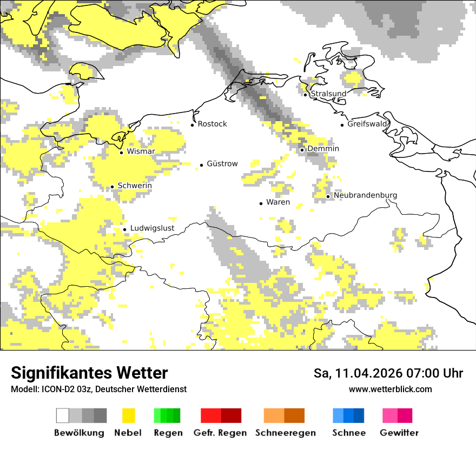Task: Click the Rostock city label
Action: [x=212, y=124]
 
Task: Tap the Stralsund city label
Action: [x=328, y=94]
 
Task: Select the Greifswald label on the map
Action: [x=368, y=124]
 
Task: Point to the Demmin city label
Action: [x=323, y=149]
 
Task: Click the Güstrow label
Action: [x=222, y=164]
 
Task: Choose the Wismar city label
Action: [x=141, y=151]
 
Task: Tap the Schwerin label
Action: [x=135, y=186]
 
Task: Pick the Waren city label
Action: [x=278, y=202]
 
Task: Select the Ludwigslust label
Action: [x=152, y=228]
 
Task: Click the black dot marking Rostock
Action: [x=192, y=125]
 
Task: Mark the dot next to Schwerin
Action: [x=112, y=187]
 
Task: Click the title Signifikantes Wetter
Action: [x=89, y=373]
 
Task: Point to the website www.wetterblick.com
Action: [x=390, y=389]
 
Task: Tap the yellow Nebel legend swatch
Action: [x=129, y=415]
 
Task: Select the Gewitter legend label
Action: [x=399, y=433]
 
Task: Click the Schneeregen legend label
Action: [x=285, y=433]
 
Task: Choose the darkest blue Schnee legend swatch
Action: [x=359, y=415]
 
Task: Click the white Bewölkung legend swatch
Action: [x=63, y=415]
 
